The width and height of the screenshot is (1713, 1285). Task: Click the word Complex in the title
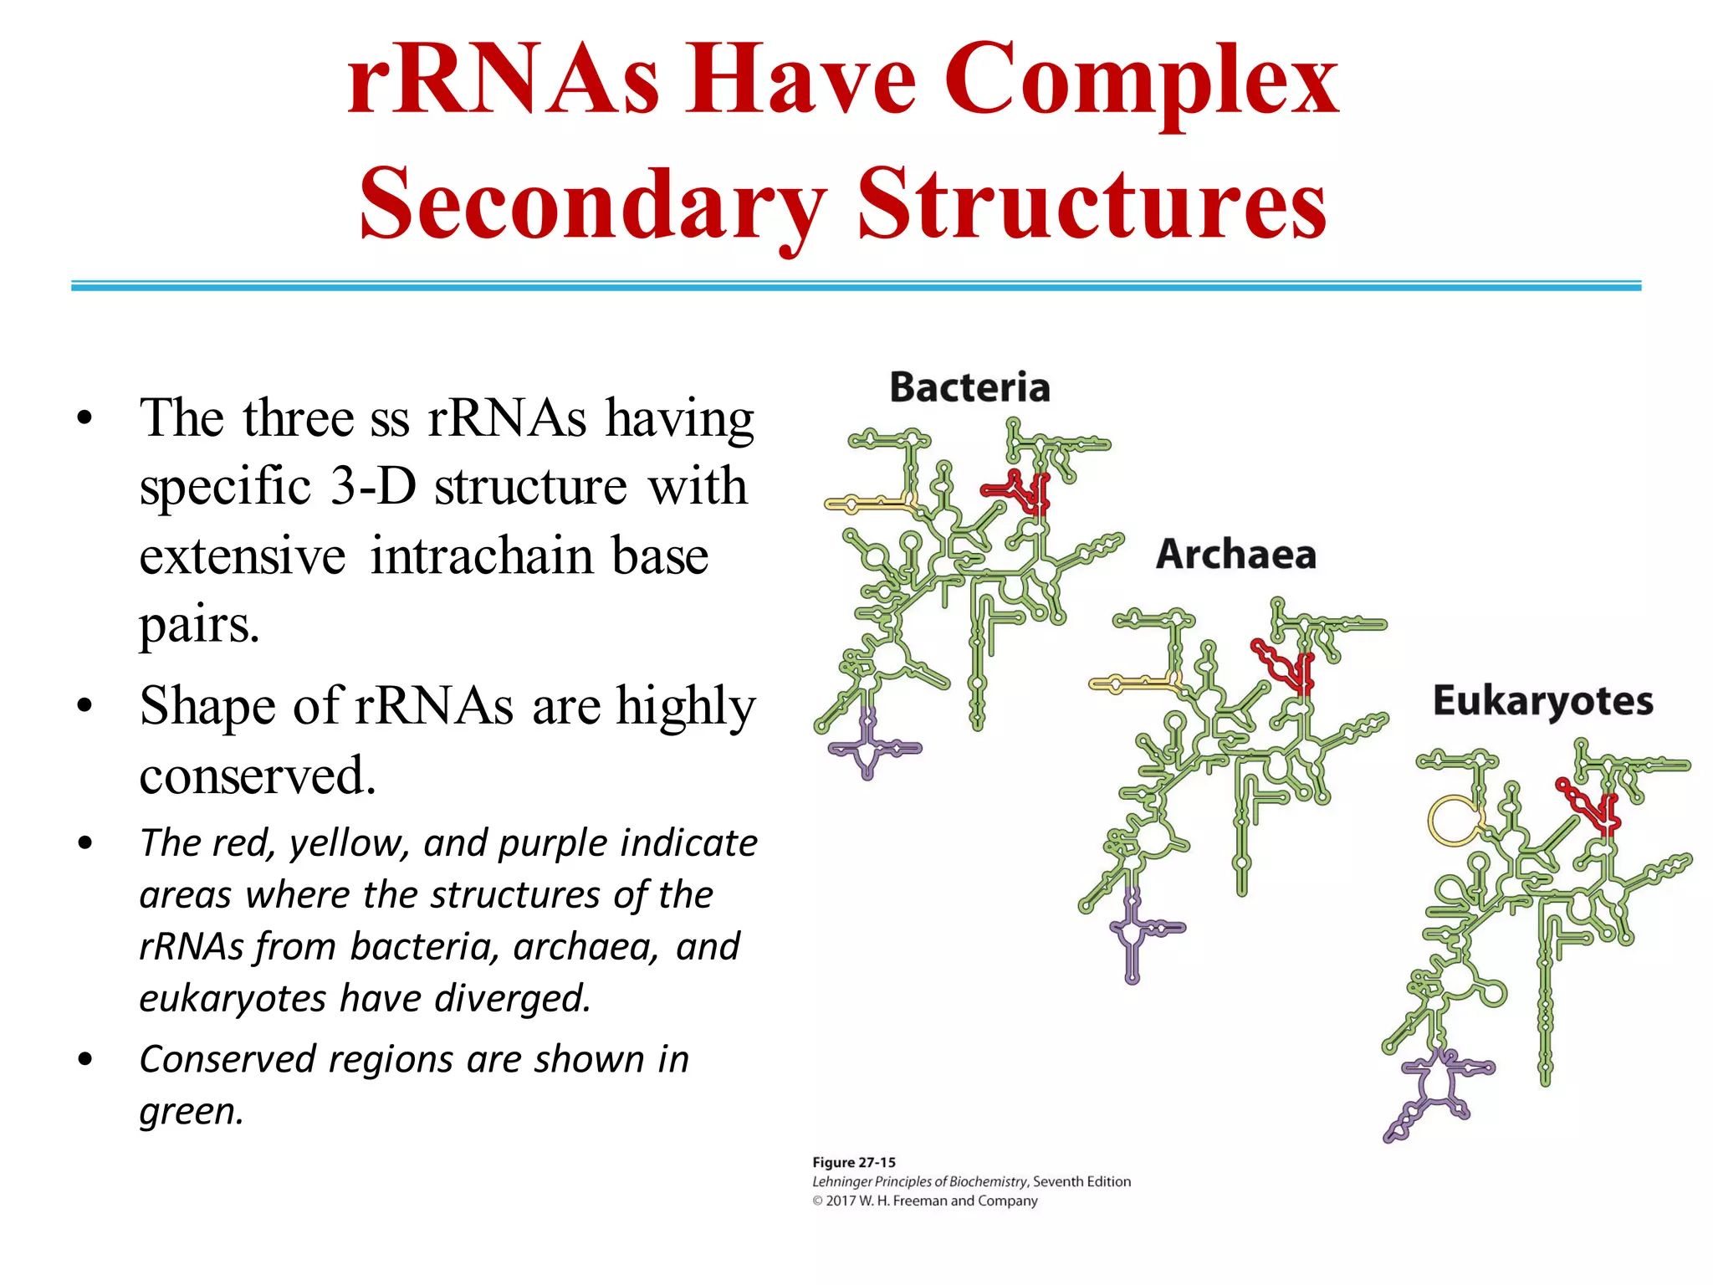1141,82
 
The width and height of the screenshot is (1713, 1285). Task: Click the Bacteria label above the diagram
969,387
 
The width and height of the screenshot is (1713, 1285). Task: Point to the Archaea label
1235,555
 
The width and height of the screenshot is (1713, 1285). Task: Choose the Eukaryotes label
1542,701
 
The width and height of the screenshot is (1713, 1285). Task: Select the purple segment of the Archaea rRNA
1133,929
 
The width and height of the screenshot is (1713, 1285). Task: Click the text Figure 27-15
853,1162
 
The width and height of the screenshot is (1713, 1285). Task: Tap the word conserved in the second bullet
257,776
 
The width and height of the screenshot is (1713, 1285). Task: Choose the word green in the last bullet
190,1112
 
